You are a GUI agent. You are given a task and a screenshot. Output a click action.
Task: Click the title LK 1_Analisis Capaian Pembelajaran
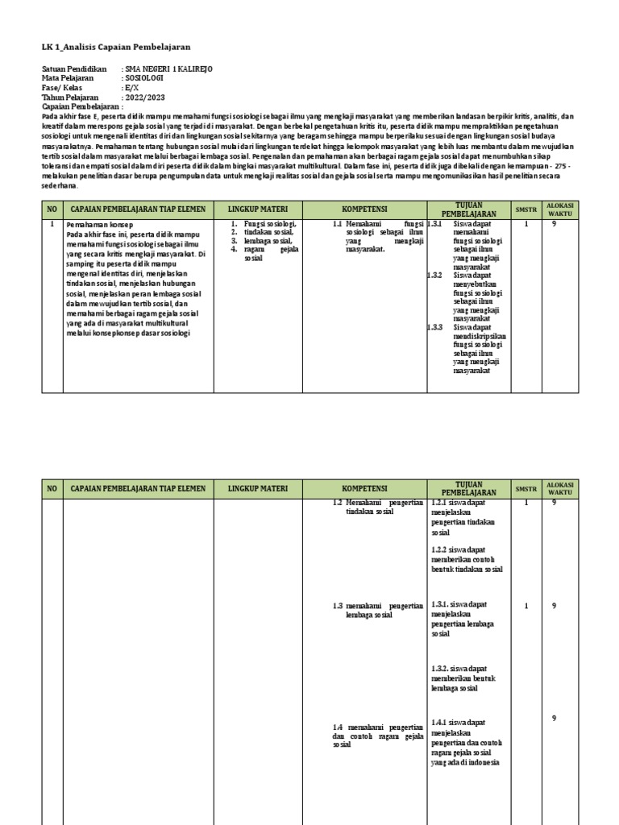click(x=116, y=48)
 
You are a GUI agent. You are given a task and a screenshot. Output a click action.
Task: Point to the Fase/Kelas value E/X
click(x=132, y=88)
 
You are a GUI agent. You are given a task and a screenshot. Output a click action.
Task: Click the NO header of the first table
click(x=52, y=209)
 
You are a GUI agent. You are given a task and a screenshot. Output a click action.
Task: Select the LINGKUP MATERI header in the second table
click(x=257, y=489)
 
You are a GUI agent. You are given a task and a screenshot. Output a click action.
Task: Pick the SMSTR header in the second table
click(x=526, y=489)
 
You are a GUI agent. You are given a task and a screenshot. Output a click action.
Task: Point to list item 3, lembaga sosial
click(x=268, y=240)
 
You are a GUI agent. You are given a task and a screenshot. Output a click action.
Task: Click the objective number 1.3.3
click(x=435, y=327)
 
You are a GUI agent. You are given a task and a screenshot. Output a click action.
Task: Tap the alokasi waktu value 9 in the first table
click(x=554, y=225)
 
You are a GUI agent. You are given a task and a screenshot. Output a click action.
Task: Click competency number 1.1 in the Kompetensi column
click(x=338, y=223)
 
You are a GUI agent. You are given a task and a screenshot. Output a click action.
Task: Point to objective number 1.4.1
click(x=440, y=723)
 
